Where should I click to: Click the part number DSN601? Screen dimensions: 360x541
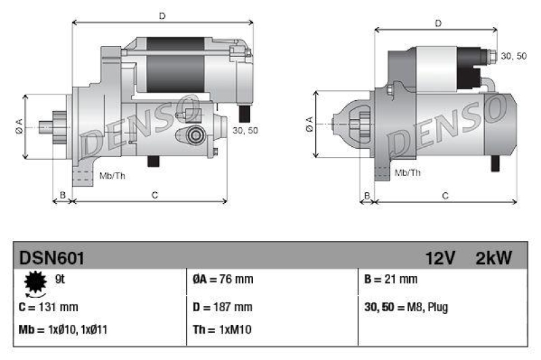[52, 257]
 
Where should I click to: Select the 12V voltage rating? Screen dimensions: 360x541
[441, 257]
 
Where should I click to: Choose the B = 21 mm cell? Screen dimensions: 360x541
[391, 279]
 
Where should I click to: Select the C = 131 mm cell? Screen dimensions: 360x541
[49, 307]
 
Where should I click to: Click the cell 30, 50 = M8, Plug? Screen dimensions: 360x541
[406, 307]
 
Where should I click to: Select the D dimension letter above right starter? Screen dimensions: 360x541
[438, 23]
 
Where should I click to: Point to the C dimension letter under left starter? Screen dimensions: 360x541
[154, 196]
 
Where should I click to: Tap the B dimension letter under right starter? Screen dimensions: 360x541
[367, 196]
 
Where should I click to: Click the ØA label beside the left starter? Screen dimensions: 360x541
[19, 125]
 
